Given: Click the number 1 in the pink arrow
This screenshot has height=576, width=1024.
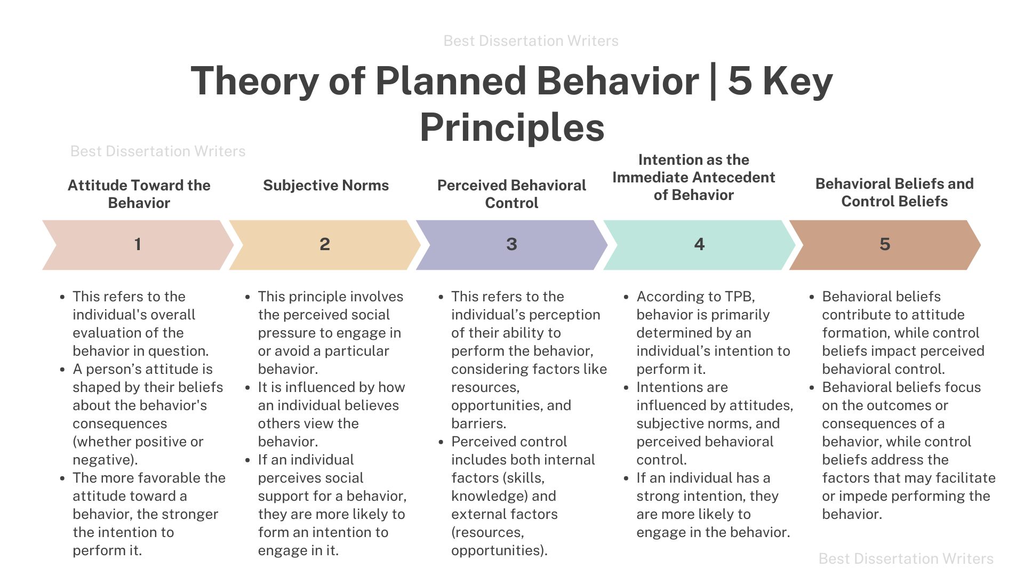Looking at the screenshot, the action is click(x=138, y=244).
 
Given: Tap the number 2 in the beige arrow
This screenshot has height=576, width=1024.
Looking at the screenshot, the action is click(x=325, y=244).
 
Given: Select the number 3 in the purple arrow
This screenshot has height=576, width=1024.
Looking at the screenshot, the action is click(x=511, y=244).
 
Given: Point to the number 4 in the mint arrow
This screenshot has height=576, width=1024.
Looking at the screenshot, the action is click(x=699, y=244).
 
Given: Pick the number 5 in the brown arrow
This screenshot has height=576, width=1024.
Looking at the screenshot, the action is click(x=885, y=244).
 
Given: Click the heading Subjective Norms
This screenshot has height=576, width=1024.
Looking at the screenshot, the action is click(x=326, y=185).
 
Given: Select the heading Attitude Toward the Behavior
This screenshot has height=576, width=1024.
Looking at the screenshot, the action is click(x=139, y=194).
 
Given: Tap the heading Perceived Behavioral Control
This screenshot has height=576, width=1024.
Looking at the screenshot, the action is click(x=511, y=194).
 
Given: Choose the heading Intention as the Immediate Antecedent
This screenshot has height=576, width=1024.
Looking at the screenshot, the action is click(x=693, y=169).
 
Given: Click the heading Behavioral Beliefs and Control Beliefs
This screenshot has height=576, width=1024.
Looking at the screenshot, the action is click(x=894, y=193).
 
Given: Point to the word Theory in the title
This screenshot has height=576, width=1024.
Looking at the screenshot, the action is click(x=254, y=81).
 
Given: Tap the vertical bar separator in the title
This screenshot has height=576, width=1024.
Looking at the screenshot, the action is click(x=713, y=81).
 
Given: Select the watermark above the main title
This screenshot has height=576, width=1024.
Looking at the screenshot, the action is click(x=531, y=41).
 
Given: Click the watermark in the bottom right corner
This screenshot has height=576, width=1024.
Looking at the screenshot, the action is click(x=906, y=558).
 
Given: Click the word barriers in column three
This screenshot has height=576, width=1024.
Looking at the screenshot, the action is click(x=478, y=423).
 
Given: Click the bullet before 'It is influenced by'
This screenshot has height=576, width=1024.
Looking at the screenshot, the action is click(x=247, y=388).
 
